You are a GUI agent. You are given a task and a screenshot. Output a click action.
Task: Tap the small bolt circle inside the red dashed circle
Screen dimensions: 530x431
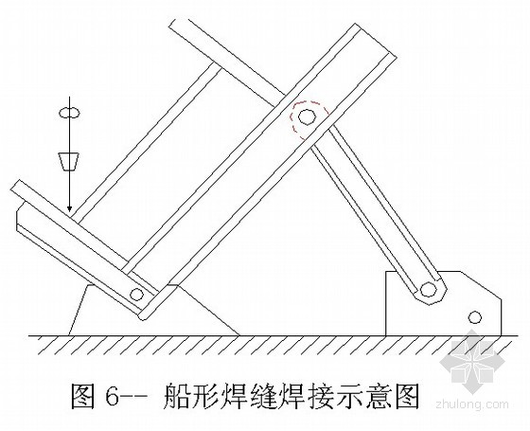coord(307,117)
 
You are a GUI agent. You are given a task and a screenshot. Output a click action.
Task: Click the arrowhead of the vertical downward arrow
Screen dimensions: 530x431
coord(70,207)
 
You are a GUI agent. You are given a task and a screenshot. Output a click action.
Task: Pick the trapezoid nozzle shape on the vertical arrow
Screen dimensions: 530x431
coord(69,162)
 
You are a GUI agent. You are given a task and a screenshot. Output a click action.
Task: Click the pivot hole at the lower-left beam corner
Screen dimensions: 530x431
coord(136,295)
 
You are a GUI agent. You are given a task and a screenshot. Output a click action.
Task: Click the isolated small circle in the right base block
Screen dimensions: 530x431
coord(474,317)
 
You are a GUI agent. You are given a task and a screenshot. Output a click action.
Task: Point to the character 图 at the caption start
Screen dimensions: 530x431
coord(82,396)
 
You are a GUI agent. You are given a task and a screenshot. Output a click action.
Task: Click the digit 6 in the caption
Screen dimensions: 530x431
coord(113,396)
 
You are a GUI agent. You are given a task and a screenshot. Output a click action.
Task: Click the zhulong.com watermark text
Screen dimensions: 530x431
coord(472,404)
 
